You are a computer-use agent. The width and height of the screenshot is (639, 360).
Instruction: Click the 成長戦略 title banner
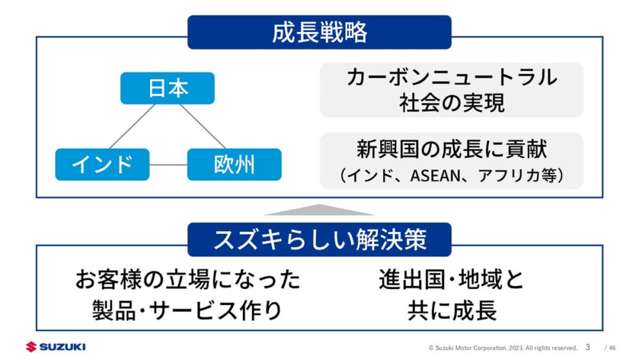click(x=319, y=32)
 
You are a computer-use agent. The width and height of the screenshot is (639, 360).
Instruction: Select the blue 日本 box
click(x=167, y=88)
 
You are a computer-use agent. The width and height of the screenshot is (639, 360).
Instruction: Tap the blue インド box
click(x=102, y=164)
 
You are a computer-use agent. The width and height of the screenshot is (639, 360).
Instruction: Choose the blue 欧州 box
click(x=235, y=164)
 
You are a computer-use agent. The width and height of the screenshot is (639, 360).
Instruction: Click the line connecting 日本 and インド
click(x=132, y=127)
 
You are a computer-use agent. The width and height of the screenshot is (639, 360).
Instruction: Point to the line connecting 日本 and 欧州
click(x=203, y=127)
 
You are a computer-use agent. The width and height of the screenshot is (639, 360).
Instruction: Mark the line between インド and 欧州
click(x=168, y=165)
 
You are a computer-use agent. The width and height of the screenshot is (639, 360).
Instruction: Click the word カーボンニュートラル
click(x=452, y=77)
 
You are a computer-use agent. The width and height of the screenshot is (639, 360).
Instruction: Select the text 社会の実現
click(x=452, y=103)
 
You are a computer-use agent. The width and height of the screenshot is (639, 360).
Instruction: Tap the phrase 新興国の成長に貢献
click(x=452, y=149)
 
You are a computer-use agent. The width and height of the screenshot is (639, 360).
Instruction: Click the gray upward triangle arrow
click(x=319, y=210)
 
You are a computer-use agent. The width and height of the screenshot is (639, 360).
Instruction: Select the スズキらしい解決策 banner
click(x=319, y=239)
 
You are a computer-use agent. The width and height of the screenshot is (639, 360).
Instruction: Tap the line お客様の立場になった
click(x=188, y=279)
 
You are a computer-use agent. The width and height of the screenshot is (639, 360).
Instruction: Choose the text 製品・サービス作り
click(x=187, y=310)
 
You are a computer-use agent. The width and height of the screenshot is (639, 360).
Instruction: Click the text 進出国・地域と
click(x=452, y=279)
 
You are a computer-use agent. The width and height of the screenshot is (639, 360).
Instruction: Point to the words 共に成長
click(x=452, y=310)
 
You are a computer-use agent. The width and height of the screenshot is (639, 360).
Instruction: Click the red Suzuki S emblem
click(x=31, y=347)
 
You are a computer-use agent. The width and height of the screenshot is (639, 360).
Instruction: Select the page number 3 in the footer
click(x=588, y=347)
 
